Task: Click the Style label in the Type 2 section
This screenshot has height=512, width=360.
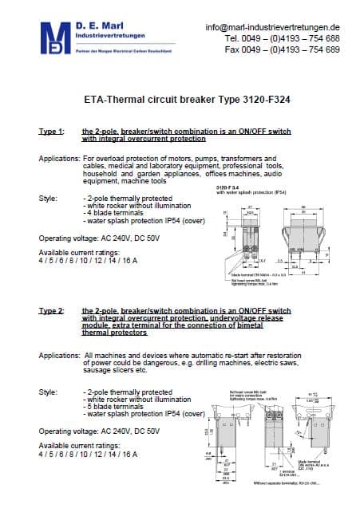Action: coord(48,392)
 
